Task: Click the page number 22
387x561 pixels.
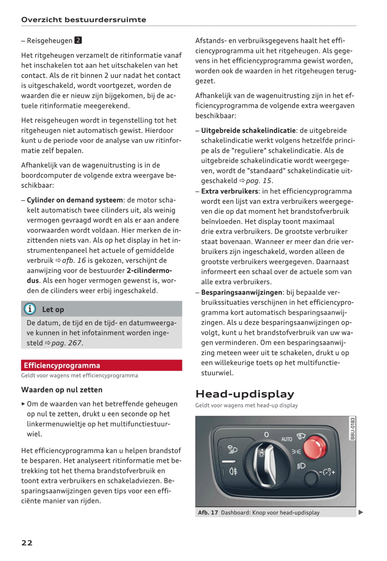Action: tap(27, 542)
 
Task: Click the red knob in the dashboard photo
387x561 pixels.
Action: tap(315, 447)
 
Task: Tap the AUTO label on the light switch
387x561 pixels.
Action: tap(286, 439)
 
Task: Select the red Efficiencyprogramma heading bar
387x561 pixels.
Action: tap(101, 365)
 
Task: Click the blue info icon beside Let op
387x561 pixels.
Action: tap(30, 309)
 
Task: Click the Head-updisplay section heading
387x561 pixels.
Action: tap(245, 394)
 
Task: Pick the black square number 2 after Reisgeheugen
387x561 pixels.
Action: tap(78, 40)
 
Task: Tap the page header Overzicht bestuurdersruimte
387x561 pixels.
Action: tap(84, 20)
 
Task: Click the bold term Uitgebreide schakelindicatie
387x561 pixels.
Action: tap(248, 131)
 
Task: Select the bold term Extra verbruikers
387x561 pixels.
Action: tap(229, 191)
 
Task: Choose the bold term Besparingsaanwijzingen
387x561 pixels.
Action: tap(242, 292)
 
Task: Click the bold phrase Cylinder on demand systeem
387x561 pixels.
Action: tap(75, 200)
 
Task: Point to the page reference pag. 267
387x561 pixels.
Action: tap(67, 343)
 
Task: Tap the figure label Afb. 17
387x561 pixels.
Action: tap(208, 512)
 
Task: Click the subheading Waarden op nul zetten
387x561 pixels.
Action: tap(62, 390)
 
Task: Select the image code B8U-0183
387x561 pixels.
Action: tap(352, 428)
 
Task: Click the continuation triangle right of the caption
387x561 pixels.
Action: tap(361, 512)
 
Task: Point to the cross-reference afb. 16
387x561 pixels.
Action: tap(74, 260)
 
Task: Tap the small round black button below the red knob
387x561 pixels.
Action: tap(311, 478)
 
